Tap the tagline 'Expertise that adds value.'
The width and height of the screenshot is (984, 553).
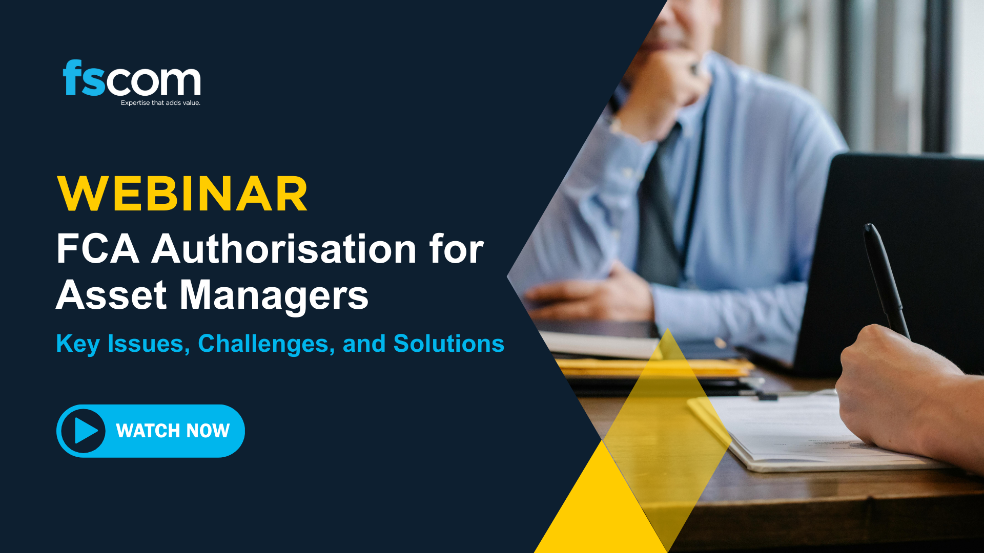[160, 103]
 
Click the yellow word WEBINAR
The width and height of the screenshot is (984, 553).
[182, 194]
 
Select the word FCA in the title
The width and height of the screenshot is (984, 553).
[97, 249]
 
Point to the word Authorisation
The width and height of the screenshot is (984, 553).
[284, 249]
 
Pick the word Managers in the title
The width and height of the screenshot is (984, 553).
[274, 296]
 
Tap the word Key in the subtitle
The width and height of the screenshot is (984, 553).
[77, 344]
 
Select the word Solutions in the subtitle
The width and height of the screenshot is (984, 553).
[448, 344]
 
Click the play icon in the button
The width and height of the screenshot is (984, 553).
[84, 431]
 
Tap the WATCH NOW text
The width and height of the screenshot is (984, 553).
[173, 431]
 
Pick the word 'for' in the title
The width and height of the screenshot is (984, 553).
[456, 249]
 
